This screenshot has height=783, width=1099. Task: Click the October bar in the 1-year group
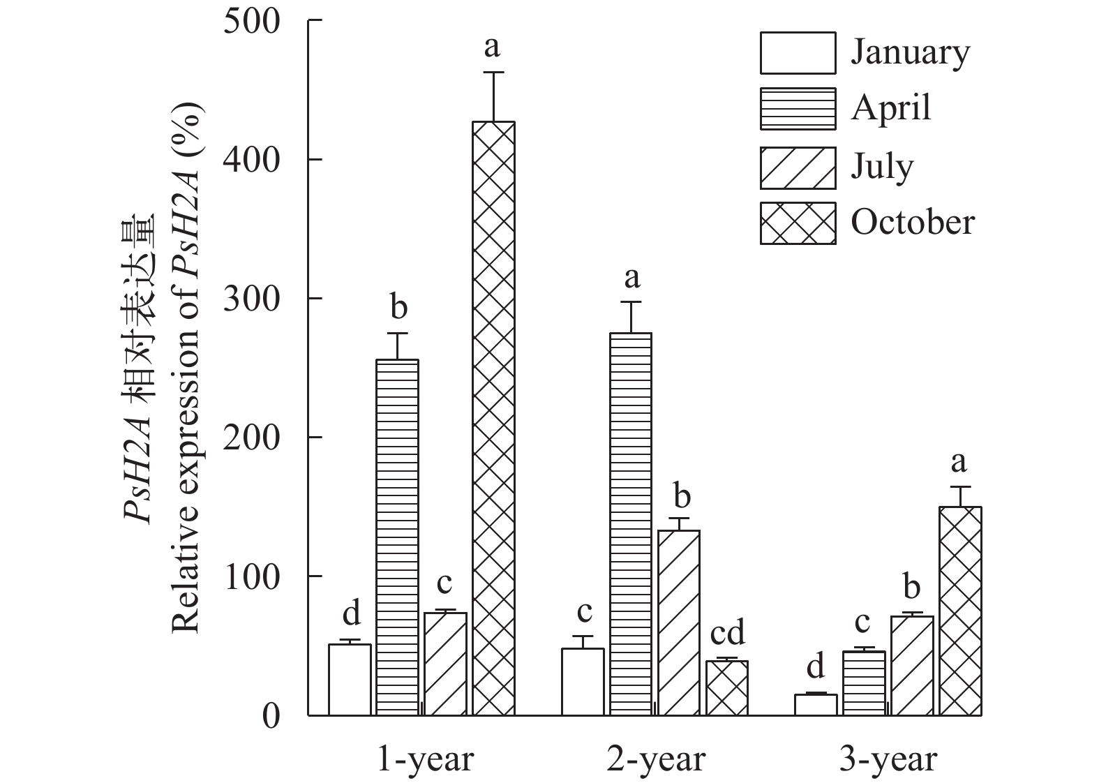click(x=493, y=419)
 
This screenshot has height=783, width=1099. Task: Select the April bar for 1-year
click(x=397, y=537)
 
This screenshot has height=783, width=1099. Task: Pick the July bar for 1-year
click(x=445, y=664)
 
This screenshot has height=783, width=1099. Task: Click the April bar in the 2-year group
click(x=631, y=523)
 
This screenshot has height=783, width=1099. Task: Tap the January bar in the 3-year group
click(x=816, y=704)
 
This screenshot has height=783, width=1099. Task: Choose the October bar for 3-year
click(x=960, y=611)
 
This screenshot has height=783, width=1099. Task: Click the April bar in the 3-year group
click(x=864, y=683)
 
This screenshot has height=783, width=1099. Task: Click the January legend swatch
click(x=798, y=53)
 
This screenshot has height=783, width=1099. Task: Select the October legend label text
click(x=912, y=223)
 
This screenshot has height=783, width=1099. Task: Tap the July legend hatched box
click(x=798, y=167)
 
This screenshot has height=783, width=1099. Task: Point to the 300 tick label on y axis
click(x=251, y=299)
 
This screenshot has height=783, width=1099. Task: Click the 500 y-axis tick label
click(x=251, y=21)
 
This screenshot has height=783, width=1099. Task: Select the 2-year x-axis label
click(x=656, y=759)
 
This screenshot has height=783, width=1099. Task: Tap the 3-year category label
click(x=888, y=759)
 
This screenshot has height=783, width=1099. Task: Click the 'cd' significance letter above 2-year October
click(x=727, y=634)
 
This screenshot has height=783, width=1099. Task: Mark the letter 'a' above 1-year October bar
click(x=493, y=47)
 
